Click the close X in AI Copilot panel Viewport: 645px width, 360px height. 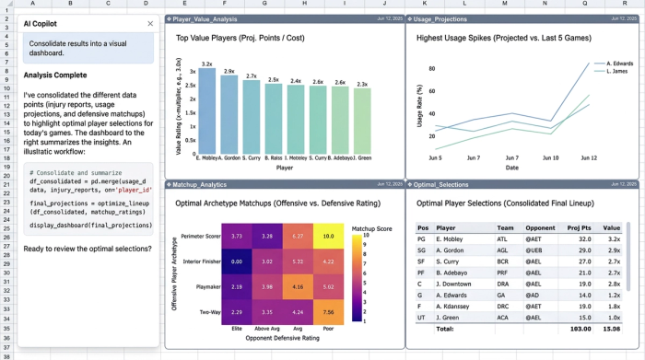150,23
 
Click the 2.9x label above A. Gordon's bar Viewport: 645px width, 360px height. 229,70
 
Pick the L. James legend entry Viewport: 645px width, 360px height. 616,72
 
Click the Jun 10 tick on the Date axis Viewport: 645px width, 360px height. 551,157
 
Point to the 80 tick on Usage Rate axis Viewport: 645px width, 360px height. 431,69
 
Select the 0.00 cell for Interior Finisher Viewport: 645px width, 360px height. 236,261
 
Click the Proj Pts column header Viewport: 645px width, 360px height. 580,226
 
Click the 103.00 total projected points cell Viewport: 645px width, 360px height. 580,328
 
